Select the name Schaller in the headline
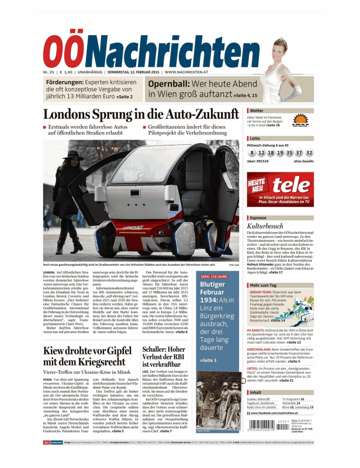tap(158, 349)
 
